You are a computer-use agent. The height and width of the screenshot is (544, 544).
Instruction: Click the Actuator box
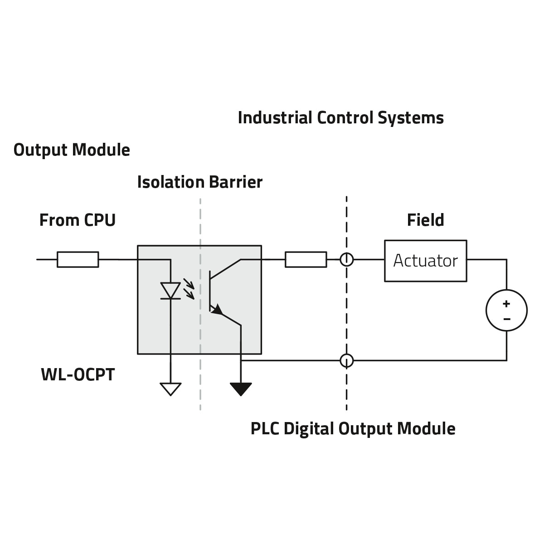[x=425, y=261]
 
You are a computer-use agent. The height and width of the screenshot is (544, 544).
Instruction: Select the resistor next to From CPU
[x=78, y=259]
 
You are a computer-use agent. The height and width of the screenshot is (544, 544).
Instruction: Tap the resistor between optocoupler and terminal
[x=306, y=259]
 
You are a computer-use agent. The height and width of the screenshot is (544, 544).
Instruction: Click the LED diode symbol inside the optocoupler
[x=171, y=291]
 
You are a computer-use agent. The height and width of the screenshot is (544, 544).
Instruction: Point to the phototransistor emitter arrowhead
[x=218, y=310]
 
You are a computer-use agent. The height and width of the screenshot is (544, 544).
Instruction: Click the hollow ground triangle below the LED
[x=170, y=389]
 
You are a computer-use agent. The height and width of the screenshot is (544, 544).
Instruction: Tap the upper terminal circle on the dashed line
[x=347, y=259]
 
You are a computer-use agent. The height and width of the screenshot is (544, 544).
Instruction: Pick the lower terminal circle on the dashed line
[x=347, y=360]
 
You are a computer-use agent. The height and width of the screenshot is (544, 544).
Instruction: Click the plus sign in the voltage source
[x=506, y=304]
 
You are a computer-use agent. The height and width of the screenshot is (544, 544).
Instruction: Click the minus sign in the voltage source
[x=506, y=319]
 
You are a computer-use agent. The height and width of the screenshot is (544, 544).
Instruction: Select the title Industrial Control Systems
[x=340, y=118]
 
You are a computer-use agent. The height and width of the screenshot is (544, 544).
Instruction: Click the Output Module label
[x=72, y=150]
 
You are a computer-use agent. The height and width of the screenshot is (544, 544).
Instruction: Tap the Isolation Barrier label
[x=199, y=182]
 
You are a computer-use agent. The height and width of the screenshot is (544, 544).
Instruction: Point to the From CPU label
[x=78, y=220]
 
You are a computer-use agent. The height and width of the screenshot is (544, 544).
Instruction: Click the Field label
[x=425, y=220]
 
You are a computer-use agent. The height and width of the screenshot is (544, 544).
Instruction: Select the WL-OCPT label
[x=78, y=375]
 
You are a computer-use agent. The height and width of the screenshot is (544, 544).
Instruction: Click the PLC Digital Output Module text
[x=353, y=429]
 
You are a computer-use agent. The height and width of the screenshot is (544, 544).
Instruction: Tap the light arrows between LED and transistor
[x=189, y=290]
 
